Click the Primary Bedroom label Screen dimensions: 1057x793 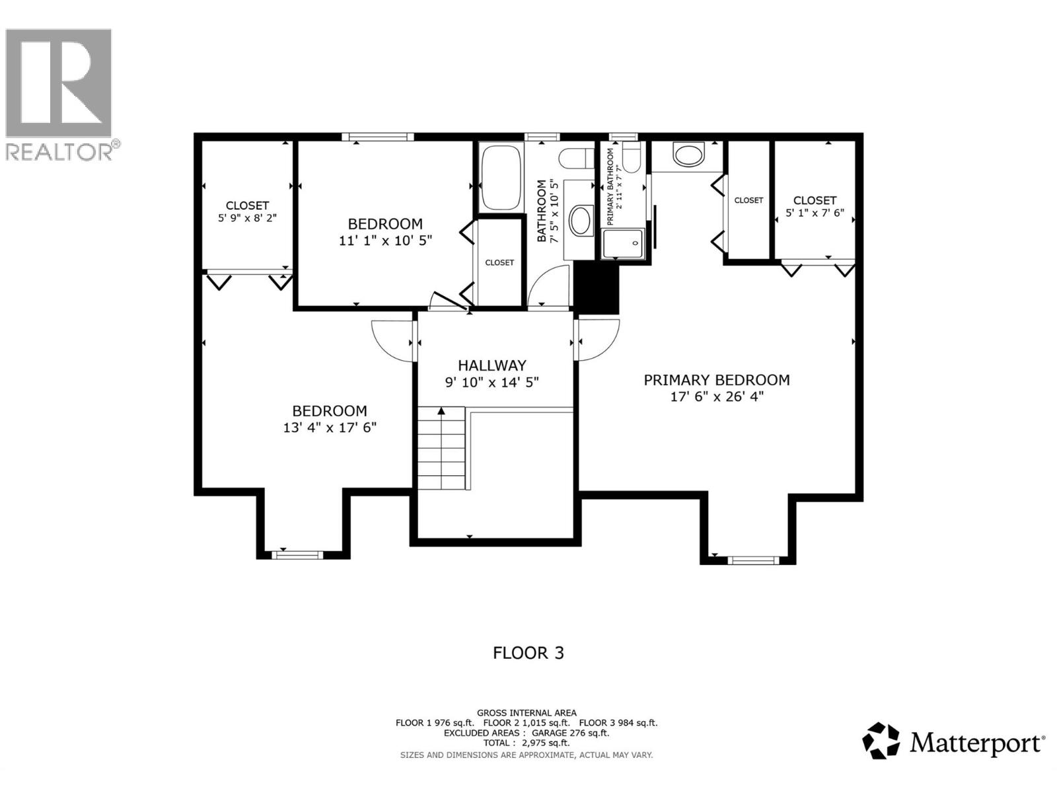click(717, 381)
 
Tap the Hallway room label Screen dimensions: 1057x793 click(492, 365)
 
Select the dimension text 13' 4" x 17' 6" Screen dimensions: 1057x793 click(330, 428)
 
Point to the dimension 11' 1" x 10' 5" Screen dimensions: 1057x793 click(385, 241)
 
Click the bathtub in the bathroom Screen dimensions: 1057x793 click(500, 177)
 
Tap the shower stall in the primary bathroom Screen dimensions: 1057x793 click(623, 244)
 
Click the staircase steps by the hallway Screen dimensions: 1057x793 click(441, 448)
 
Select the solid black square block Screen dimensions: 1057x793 click(596, 288)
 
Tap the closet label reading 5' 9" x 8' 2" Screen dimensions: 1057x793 click(248, 218)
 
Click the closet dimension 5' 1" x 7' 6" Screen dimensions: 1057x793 click(815, 213)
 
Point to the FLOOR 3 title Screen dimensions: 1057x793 click(528, 654)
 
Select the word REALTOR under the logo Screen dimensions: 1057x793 click(59, 152)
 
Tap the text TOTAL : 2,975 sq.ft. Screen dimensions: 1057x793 click(527, 743)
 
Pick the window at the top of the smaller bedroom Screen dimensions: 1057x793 click(378, 137)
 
